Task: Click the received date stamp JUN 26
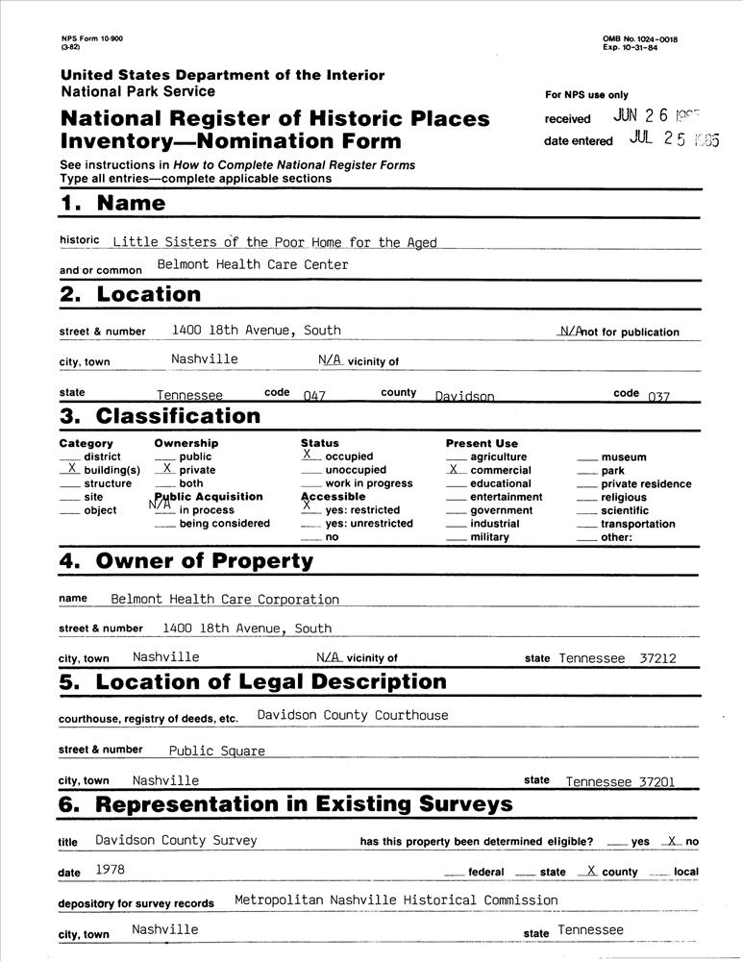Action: [x=663, y=116]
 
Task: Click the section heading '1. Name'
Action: [x=112, y=203]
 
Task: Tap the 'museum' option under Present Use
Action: [x=623, y=457]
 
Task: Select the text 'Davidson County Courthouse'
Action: [x=352, y=715]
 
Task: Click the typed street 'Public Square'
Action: [x=216, y=752]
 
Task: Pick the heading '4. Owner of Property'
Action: [x=186, y=561]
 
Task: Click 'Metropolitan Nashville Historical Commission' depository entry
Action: [x=395, y=900]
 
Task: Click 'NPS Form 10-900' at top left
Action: [x=91, y=38]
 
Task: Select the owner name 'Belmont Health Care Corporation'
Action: [x=225, y=600]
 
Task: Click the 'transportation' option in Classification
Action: [x=638, y=525]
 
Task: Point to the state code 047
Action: [x=314, y=396]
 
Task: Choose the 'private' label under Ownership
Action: [x=197, y=471]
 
